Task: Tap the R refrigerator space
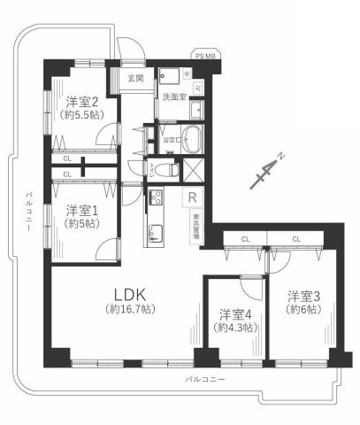tap(191, 197)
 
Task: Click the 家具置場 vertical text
tap(194, 227)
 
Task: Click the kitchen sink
tap(157, 235)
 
